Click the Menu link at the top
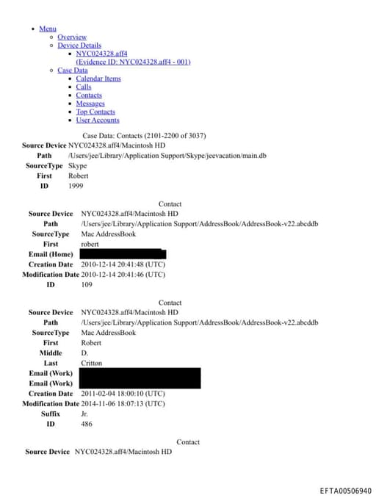tap(48, 29)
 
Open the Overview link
tap(72, 37)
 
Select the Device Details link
tap(79, 46)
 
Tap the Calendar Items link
tap(98, 79)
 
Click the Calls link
tap(84, 87)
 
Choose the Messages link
tap(90, 104)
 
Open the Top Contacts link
tap(95, 112)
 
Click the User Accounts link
tap(97, 120)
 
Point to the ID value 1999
tap(76, 187)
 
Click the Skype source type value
tap(77, 166)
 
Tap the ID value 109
tap(87, 284)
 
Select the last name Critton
tap(92, 363)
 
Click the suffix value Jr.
tap(84, 414)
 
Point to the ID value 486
tap(87, 424)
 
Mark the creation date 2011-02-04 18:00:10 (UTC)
tap(123, 394)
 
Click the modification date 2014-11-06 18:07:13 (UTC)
tap(123, 403)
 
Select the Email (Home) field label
tap(51, 254)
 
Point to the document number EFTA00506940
tap(346, 491)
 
